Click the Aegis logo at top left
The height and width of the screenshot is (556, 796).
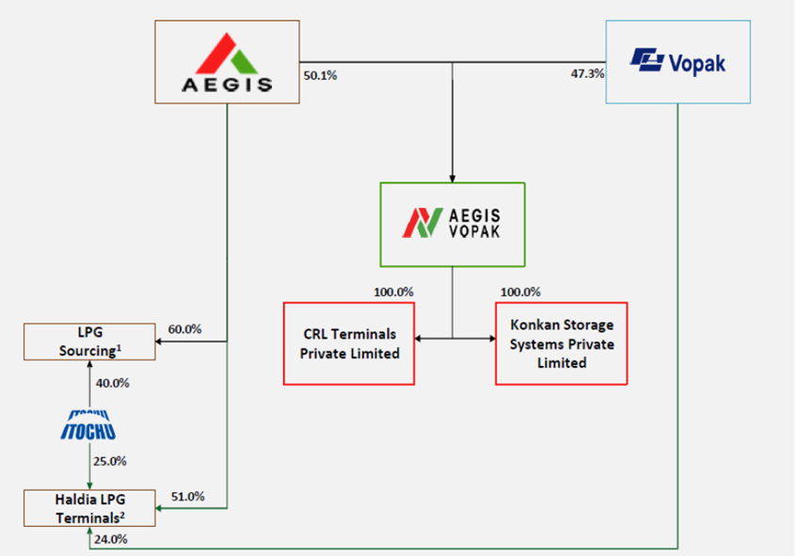[227, 63]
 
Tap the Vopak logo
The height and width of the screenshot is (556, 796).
[677, 62]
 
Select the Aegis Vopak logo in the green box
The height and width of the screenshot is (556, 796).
[452, 223]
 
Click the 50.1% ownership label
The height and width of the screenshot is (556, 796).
[320, 75]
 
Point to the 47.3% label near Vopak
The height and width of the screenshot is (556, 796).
[587, 73]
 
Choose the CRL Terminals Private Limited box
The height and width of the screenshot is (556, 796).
[349, 343]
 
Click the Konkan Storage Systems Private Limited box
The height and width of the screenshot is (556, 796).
[562, 343]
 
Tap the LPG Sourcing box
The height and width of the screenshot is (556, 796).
[89, 342]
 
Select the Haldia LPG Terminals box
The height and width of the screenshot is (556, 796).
[89, 508]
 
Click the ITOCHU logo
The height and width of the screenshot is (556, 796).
[88, 425]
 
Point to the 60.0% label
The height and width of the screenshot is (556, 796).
[184, 329]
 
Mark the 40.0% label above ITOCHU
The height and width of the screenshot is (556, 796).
[112, 383]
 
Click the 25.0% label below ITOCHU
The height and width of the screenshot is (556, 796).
[110, 462]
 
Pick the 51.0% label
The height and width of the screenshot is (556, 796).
[188, 497]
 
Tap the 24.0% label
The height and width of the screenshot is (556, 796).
[111, 539]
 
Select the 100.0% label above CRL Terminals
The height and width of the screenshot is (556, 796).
[393, 292]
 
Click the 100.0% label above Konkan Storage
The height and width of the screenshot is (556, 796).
[520, 292]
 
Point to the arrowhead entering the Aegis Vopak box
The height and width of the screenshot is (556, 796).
[453, 179]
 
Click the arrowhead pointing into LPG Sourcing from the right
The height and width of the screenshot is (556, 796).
[159, 342]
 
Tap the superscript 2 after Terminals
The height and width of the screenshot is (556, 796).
[122, 515]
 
